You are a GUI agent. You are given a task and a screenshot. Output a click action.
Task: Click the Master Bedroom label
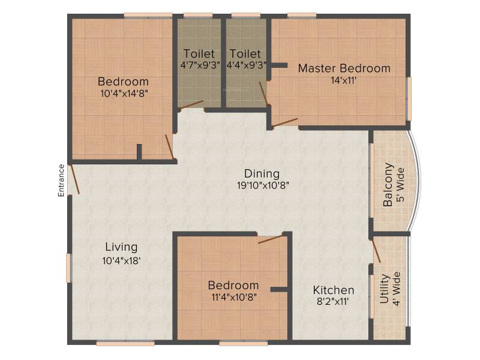(x=344, y=68)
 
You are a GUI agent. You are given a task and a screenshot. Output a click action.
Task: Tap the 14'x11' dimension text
(x=344, y=80)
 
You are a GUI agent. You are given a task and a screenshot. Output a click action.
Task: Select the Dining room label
(x=262, y=173)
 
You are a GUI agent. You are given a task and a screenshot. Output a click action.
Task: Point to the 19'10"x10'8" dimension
(x=263, y=185)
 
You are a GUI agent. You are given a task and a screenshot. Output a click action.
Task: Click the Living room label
(x=121, y=247)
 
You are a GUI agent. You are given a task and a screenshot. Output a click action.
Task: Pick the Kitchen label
(x=334, y=290)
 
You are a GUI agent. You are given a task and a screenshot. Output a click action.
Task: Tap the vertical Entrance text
(x=61, y=181)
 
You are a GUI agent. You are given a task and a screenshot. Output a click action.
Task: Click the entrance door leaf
(x=74, y=179)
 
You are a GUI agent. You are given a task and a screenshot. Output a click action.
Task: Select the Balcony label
(x=388, y=185)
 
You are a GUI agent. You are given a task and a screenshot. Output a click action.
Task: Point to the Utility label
(x=384, y=289)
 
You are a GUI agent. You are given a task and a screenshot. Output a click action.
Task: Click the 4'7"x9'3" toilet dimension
(x=200, y=65)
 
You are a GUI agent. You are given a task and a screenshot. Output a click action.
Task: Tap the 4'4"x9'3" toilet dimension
(x=247, y=65)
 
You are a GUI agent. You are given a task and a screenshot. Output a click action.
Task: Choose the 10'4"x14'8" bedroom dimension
(x=124, y=94)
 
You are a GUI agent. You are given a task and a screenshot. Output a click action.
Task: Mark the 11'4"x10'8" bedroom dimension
(x=234, y=297)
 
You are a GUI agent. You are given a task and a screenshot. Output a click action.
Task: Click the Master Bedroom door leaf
(x=284, y=122)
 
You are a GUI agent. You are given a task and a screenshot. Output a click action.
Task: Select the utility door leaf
(x=376, y=251)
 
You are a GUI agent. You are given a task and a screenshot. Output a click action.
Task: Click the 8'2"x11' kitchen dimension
(x=333, y=302)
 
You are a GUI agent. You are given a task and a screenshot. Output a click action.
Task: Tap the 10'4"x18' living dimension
(x=121, y=260)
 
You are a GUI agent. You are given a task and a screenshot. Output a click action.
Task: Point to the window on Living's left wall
(x=69, y=268)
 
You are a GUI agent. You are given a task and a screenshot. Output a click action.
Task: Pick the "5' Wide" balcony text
(x=400, y=185)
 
